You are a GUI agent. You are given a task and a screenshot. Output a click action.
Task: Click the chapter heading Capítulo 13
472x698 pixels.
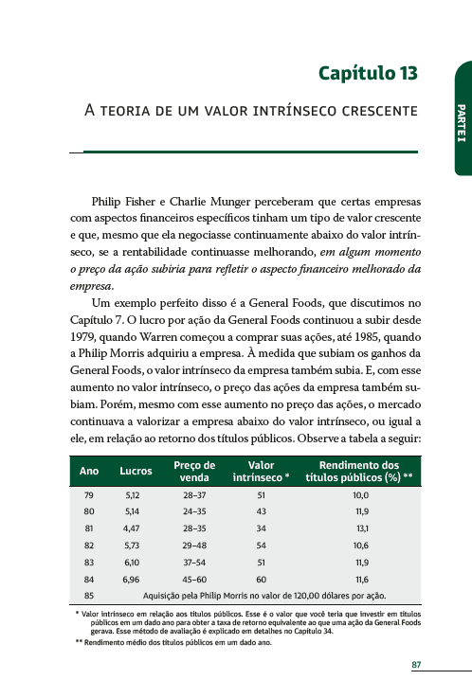(368, 73)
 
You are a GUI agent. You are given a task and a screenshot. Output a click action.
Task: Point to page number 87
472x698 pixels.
(416, 665)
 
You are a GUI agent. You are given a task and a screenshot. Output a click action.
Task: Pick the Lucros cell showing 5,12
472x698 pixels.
(133, 495)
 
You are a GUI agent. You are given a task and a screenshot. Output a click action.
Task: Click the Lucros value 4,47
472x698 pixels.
(133, 528)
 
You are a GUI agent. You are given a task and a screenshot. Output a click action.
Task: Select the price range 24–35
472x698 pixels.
(194, 512)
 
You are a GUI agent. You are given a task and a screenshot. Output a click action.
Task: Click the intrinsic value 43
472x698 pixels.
(261, 512)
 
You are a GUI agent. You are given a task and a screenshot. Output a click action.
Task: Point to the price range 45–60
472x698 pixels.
(194, 579)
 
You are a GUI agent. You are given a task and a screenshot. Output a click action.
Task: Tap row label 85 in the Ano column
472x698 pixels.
(89, 596)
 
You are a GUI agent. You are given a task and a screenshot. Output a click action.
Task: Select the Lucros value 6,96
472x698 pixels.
(133, 579)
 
